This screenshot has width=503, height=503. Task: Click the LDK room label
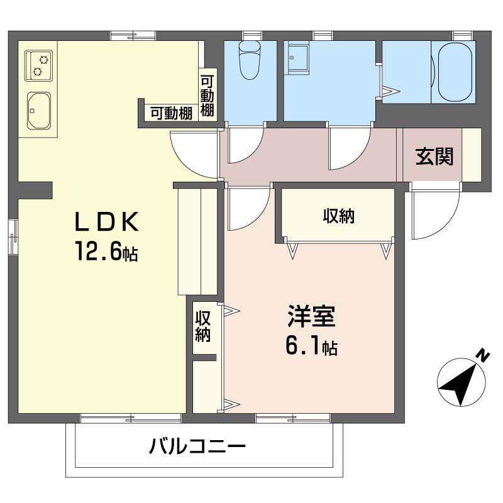pos(106,222)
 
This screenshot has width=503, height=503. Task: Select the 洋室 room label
pos(311,316)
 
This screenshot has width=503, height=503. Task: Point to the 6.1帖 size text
pos(311,346)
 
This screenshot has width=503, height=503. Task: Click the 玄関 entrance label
pos(434,156)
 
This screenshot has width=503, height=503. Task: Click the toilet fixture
pos(250,60)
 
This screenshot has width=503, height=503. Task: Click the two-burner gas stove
pos(39,65)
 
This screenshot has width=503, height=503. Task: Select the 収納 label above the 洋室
pos(339,216)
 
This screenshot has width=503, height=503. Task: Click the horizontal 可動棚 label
pos(171,114)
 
